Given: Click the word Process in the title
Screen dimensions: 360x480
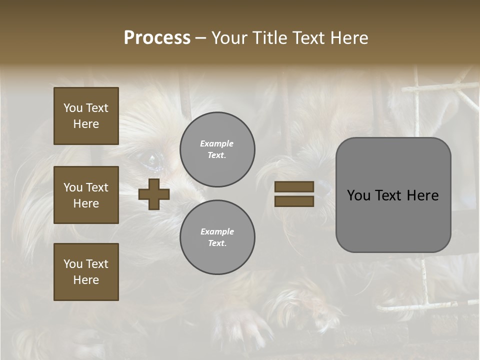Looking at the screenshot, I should pyautogui.click(x=157, y=38).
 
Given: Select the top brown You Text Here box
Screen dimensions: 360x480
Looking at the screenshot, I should pyautogui.click(x=86, y=116).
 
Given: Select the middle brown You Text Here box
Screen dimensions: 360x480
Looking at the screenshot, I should pyautogui.click(x=86, y=195).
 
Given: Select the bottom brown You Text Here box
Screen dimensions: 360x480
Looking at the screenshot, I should pyautogui.click(x=86, y=272).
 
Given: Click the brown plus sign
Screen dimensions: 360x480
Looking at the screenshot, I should pyautogui.click(x=154, y=194).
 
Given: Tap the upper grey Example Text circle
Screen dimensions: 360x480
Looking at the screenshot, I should pyautogui.click(x=217, y=149).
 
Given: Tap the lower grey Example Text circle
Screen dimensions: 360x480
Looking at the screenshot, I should pyautogui.click(x=217, y=237).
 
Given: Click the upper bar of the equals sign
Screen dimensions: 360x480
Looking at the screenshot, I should pyautogui.click(x=294, y=186).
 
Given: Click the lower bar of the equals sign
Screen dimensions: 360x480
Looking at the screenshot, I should pyautogui.click(x=294, y=201).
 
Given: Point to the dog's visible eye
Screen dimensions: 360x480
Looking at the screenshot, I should pyautogui.click(x=153, y=158).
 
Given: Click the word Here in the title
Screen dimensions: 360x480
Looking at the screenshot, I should pyautogui.click(x=349, y=38).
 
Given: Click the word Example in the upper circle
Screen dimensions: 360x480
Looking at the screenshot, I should pyautogui.click(x=216, y=143).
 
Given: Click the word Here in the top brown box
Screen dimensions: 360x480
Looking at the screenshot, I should pyautogui.click(x=86, y=124).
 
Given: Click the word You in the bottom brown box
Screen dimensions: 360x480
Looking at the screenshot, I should pyautogui.click(x=73, y=264).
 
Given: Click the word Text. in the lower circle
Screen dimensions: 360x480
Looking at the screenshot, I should pyautogui.click(x=217, y=243).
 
